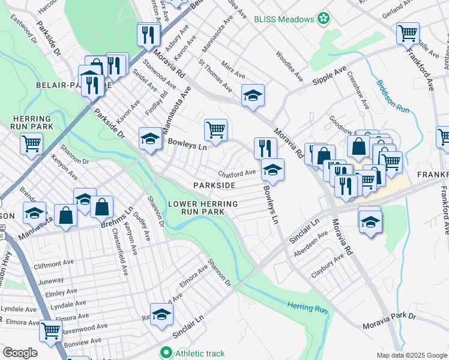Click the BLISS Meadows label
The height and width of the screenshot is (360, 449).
point(284,19)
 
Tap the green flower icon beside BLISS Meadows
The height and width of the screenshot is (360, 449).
point(324,19)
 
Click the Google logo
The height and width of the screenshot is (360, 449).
point(20,352)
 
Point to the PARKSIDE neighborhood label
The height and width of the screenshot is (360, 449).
point(214,185)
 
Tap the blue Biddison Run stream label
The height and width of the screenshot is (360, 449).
point(393,96)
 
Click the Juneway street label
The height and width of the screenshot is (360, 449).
point(50,280)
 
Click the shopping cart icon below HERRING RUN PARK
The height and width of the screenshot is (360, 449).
point(31,143)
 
